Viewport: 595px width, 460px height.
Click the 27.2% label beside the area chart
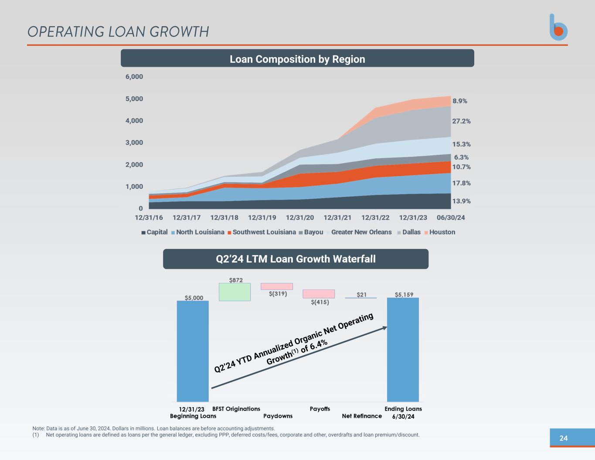[x=461, y=121]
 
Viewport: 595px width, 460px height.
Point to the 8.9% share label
[x=459, y=101]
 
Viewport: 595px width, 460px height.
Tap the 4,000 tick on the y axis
[x=134, y=121]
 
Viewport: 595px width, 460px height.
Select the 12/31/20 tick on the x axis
[x=300, y=218]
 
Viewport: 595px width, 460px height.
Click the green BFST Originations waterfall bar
[x=235, y=292]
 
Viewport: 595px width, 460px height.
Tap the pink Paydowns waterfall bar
[x=277, y=286]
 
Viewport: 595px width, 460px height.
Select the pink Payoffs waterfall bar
[x=319, y=294]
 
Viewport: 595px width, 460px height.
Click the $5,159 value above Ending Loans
[x=404, y=295]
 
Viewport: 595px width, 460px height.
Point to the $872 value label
[x=236, y=280]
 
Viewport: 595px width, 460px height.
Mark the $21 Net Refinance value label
[x=361, y=295]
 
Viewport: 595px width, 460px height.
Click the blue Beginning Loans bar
[x=193, y=351]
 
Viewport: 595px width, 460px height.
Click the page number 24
[x=564, y=438]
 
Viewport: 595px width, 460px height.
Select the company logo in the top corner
[x=558, y=27]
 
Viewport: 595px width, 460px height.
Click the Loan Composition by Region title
[x=297, y=59]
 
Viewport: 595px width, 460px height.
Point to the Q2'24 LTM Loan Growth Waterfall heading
[x=296, y=259]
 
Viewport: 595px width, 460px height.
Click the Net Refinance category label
[x=362, y=416]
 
